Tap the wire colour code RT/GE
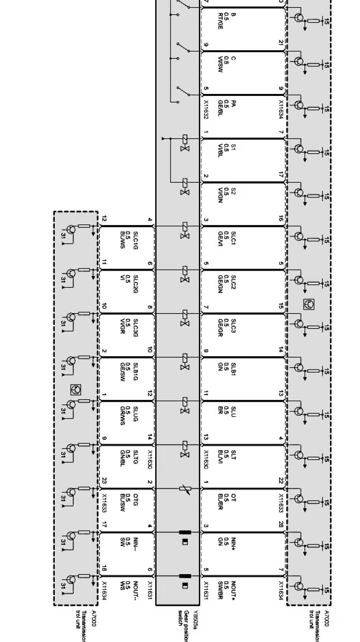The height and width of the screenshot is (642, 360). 220,21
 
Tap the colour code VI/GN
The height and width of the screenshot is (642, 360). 220,195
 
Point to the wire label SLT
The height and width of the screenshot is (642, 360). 234,454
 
